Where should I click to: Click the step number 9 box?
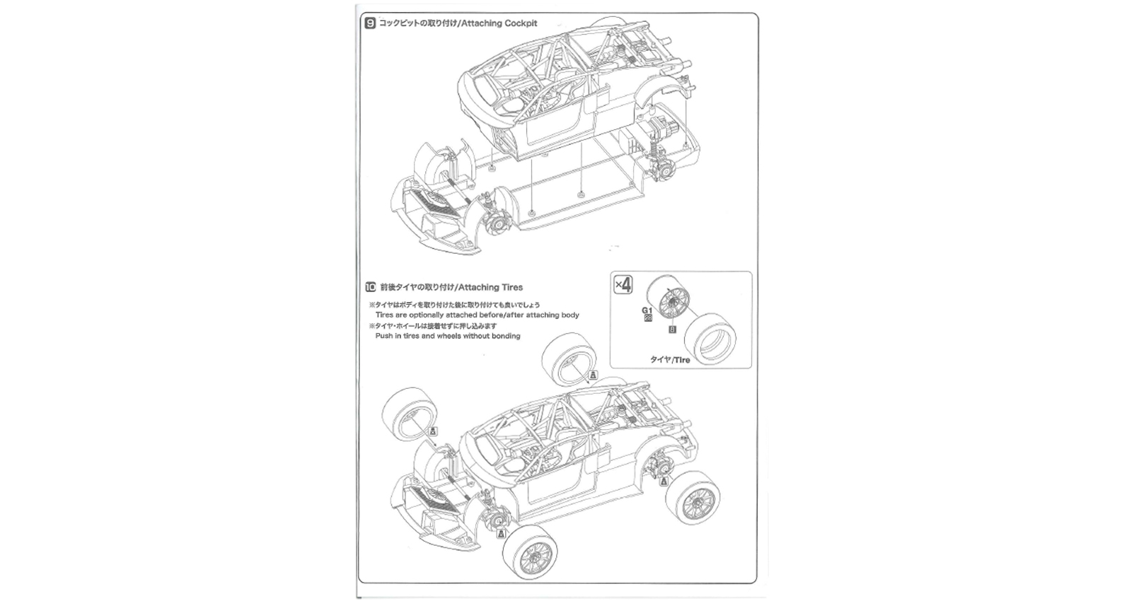pos(370,23)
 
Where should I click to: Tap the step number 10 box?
pos(370,288)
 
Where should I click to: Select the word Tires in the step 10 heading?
pos(511,288)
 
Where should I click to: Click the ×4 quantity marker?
pos(623,284)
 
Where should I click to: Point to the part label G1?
pos(647,310)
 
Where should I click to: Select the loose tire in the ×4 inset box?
pos(711,337)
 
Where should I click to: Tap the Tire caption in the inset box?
pos(681,360)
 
